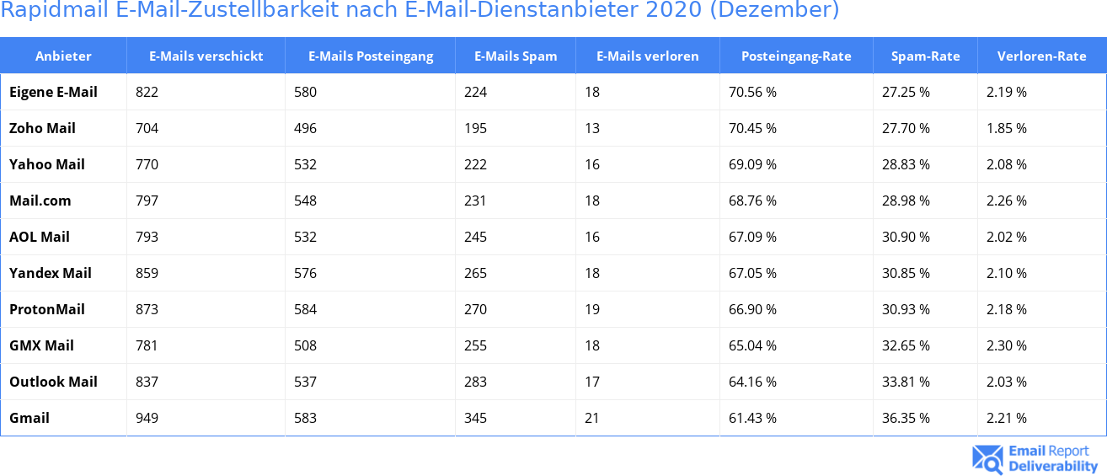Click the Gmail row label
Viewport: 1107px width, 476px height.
point(29,418)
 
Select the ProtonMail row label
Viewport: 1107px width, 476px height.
point(47,309)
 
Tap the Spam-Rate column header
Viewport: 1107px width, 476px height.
point(925,56)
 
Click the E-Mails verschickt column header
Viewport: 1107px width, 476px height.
point(206,56)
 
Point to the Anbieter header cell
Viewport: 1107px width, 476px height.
point(63,56)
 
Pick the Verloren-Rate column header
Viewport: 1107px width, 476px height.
point(1041,56)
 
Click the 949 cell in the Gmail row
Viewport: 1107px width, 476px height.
point(147,418)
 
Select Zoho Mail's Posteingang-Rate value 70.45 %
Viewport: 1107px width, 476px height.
point(752,128)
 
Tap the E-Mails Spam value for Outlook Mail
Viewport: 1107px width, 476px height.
point(475,382)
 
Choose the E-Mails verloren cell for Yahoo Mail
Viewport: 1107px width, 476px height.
point(592,164)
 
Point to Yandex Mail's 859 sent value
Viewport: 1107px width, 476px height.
point(147,273)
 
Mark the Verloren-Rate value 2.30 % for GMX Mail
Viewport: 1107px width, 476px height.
point(1007,345)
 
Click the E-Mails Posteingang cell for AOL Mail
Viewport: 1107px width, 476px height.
point(305,237)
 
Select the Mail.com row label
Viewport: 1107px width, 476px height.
point(40,201)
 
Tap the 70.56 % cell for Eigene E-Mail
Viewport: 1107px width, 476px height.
point(752,92)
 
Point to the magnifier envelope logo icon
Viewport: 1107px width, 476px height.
point(987,459)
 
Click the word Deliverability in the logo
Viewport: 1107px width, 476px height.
point(1053,466)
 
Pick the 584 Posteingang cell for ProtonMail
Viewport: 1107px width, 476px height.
point(305,309)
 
